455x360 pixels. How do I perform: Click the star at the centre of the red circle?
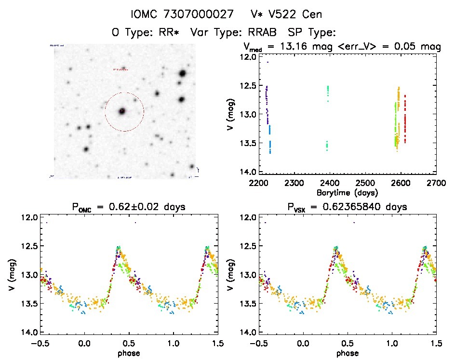click(x=122, y=111)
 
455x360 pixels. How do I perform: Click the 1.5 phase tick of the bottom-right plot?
click(x=436, y=343)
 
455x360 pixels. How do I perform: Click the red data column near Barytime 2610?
click(x=405, y=120)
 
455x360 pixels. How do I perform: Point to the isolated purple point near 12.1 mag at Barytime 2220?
click(x=267, y=62)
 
